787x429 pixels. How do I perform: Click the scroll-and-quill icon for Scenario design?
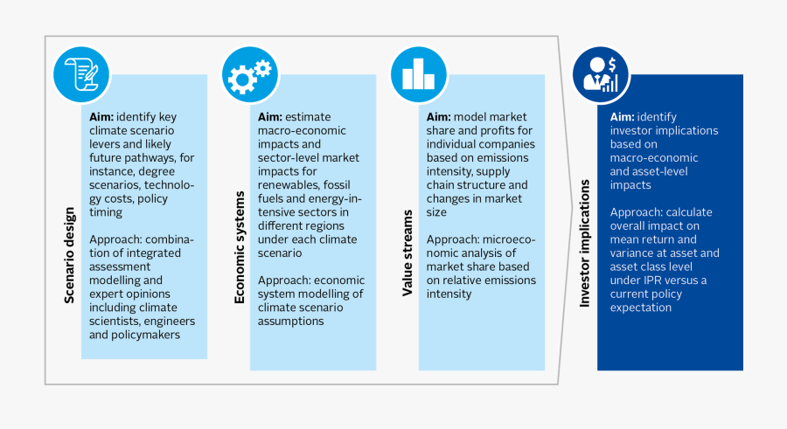click(81, 75)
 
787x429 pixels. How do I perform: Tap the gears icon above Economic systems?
click(250, 75)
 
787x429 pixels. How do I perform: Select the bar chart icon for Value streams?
click(419, 75)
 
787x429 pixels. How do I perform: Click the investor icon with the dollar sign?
click(601, 75)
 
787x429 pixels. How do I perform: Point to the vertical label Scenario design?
click(69, 255)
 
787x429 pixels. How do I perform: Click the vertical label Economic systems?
click(240, 247)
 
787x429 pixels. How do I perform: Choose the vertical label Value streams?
click(407, 253)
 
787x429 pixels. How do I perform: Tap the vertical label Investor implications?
click(584, 244)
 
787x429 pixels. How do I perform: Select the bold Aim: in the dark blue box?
click(622, 117)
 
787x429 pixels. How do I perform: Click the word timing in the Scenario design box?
click(106, 212)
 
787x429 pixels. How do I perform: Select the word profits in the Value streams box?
click(498, 130)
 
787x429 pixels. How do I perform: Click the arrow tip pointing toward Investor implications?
click(572, 207)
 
